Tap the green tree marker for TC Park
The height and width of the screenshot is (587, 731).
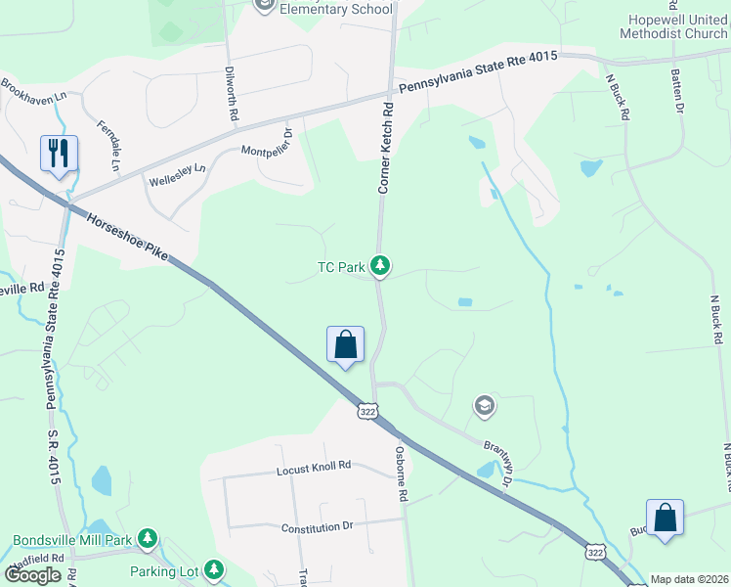380,265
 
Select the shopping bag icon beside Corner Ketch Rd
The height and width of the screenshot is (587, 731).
345,344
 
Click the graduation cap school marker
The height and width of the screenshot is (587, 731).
484,405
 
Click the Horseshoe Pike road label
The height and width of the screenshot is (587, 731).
127,239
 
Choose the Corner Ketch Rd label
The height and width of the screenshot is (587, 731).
385,148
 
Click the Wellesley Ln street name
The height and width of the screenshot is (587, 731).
177,175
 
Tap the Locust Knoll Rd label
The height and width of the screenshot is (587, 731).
313,467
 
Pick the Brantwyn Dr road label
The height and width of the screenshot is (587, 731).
496,463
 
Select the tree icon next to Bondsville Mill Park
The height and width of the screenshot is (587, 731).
147,538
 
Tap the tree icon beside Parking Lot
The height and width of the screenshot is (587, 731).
213,569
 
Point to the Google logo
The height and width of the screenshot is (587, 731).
33,575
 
